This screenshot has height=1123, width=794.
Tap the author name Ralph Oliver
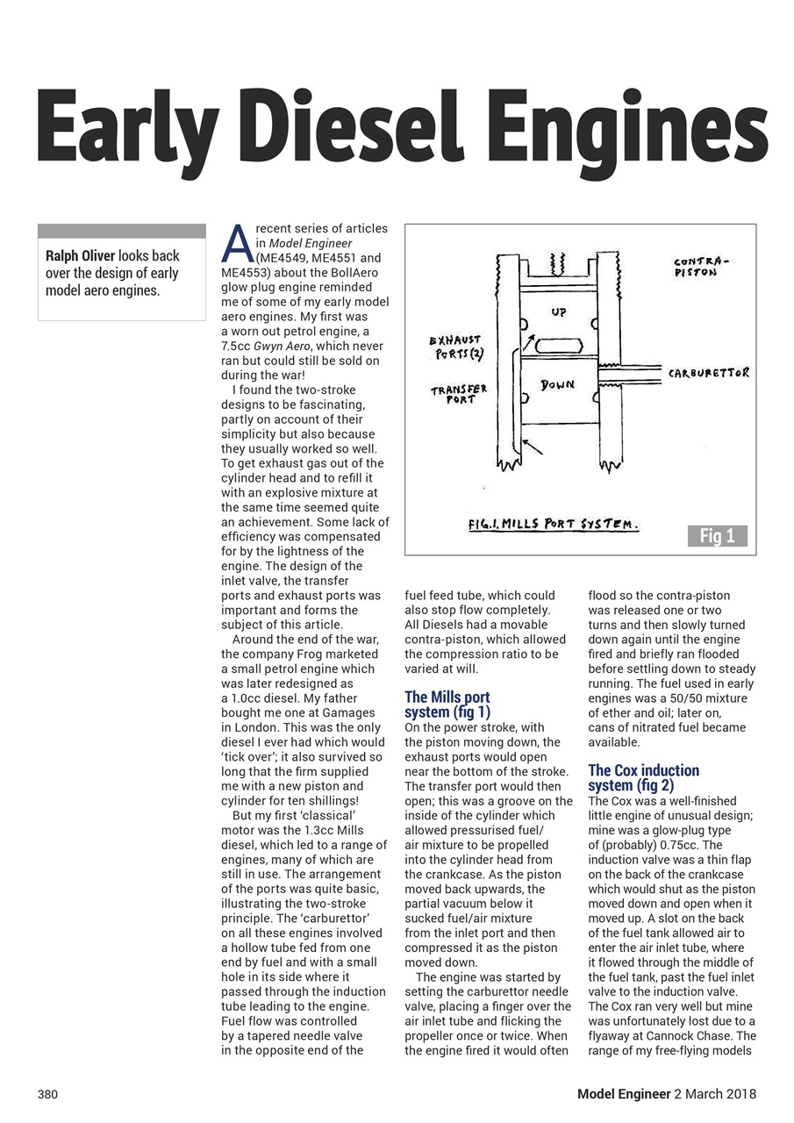81,256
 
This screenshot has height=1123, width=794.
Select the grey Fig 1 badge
717,536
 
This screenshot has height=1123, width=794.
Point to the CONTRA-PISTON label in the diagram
701,267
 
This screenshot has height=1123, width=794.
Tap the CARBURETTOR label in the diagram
709,373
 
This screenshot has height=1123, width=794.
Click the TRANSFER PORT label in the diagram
458,394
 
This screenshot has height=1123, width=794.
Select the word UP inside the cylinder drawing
559,311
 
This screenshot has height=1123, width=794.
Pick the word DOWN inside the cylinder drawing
557,384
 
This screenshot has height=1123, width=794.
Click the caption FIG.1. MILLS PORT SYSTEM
553,525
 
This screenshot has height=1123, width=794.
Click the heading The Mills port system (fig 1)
447,705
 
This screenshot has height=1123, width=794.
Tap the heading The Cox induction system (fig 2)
643,777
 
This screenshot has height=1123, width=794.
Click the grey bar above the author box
122,231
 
